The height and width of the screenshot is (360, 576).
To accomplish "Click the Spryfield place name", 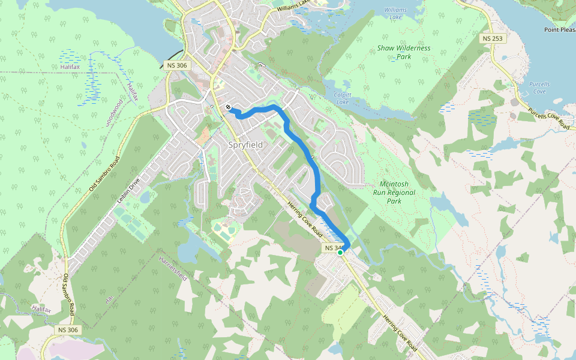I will tap(246, 145).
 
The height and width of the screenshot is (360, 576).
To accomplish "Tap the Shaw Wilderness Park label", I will tap(404, 52).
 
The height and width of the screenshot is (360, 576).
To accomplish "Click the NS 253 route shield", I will tap(493, 38).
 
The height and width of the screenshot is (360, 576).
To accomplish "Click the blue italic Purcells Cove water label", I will tap(539, 88).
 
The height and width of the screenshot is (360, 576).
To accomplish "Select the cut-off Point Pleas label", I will tap(559, 29).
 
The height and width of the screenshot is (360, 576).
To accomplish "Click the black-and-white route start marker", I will tap(229, 107).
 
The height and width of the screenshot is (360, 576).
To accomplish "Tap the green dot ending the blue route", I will tap(340, 253).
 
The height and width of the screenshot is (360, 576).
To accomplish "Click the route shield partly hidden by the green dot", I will tap(333, 248).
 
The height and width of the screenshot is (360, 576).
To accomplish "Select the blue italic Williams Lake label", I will tap(395, 14).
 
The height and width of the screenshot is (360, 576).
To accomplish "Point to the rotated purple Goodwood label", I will tap(114, 112).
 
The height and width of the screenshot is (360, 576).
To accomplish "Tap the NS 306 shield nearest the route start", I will tap(176, 64).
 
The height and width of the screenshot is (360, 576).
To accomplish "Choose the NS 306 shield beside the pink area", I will tap(68, 330).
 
